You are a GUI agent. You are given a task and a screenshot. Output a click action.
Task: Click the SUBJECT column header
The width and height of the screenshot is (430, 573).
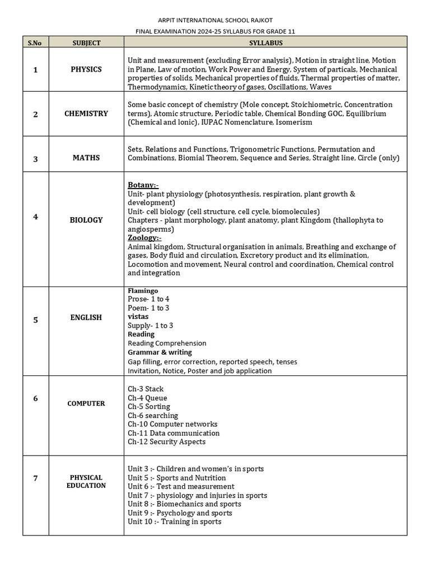(x=86, y=43)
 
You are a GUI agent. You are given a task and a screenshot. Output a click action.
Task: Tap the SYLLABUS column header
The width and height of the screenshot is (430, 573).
(x=265, y=43)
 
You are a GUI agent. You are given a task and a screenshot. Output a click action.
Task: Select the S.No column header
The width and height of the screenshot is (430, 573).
(x=35, y=43)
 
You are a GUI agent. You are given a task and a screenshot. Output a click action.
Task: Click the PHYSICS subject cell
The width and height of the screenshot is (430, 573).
(x=86, y=69)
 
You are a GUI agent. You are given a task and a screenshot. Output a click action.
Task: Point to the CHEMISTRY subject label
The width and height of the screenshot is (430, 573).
(x=86, y=114)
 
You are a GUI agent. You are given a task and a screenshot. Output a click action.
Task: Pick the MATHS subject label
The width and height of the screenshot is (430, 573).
(x=86, y=158)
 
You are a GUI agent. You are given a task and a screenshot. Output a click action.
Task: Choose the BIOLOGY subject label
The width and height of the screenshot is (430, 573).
(x=86, y=220)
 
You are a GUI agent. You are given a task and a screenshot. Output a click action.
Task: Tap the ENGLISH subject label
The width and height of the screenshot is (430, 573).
(x=86, y=317)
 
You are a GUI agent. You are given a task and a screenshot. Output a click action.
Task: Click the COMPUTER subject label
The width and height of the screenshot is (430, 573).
(x=86, y=403)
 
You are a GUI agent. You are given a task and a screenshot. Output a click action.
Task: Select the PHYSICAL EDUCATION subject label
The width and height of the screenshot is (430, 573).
(x=86, y=481)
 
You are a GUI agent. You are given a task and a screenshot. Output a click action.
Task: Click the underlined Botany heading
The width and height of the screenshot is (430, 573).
(x=143, y=185)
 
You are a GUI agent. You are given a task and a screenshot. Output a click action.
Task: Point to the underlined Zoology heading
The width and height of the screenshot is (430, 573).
(x=144, y=238)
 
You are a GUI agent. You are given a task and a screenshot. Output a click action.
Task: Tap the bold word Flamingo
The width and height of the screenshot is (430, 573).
(x=143, y=291)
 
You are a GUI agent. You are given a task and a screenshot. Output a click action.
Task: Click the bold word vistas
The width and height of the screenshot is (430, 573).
(x=138, y=317)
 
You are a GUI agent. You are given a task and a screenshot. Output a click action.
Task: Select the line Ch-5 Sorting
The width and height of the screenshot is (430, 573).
(x=149, y=407)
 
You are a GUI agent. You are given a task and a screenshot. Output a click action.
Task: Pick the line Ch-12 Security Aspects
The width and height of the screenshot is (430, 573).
(x=166, y=442)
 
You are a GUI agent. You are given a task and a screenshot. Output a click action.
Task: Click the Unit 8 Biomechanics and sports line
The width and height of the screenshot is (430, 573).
(x=184, y=504)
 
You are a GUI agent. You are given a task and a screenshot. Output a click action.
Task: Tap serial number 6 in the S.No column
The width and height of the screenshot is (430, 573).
(x=35, y=398)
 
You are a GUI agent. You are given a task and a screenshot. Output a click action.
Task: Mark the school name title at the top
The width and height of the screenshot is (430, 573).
(x=215, y=20)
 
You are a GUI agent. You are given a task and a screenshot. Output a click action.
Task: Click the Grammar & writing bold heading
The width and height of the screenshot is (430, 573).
(x=160, y=353)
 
